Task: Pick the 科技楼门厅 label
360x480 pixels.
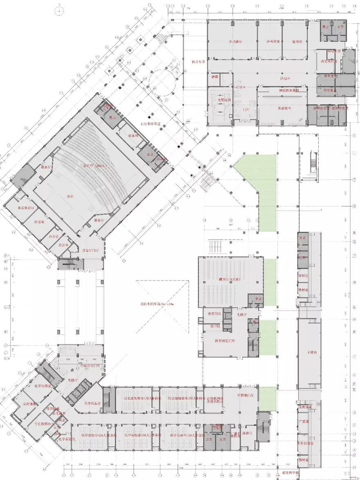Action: pyautogui.click(x=246, y=396)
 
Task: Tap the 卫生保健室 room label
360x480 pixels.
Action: pyautogui.click(x=306, y=443)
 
